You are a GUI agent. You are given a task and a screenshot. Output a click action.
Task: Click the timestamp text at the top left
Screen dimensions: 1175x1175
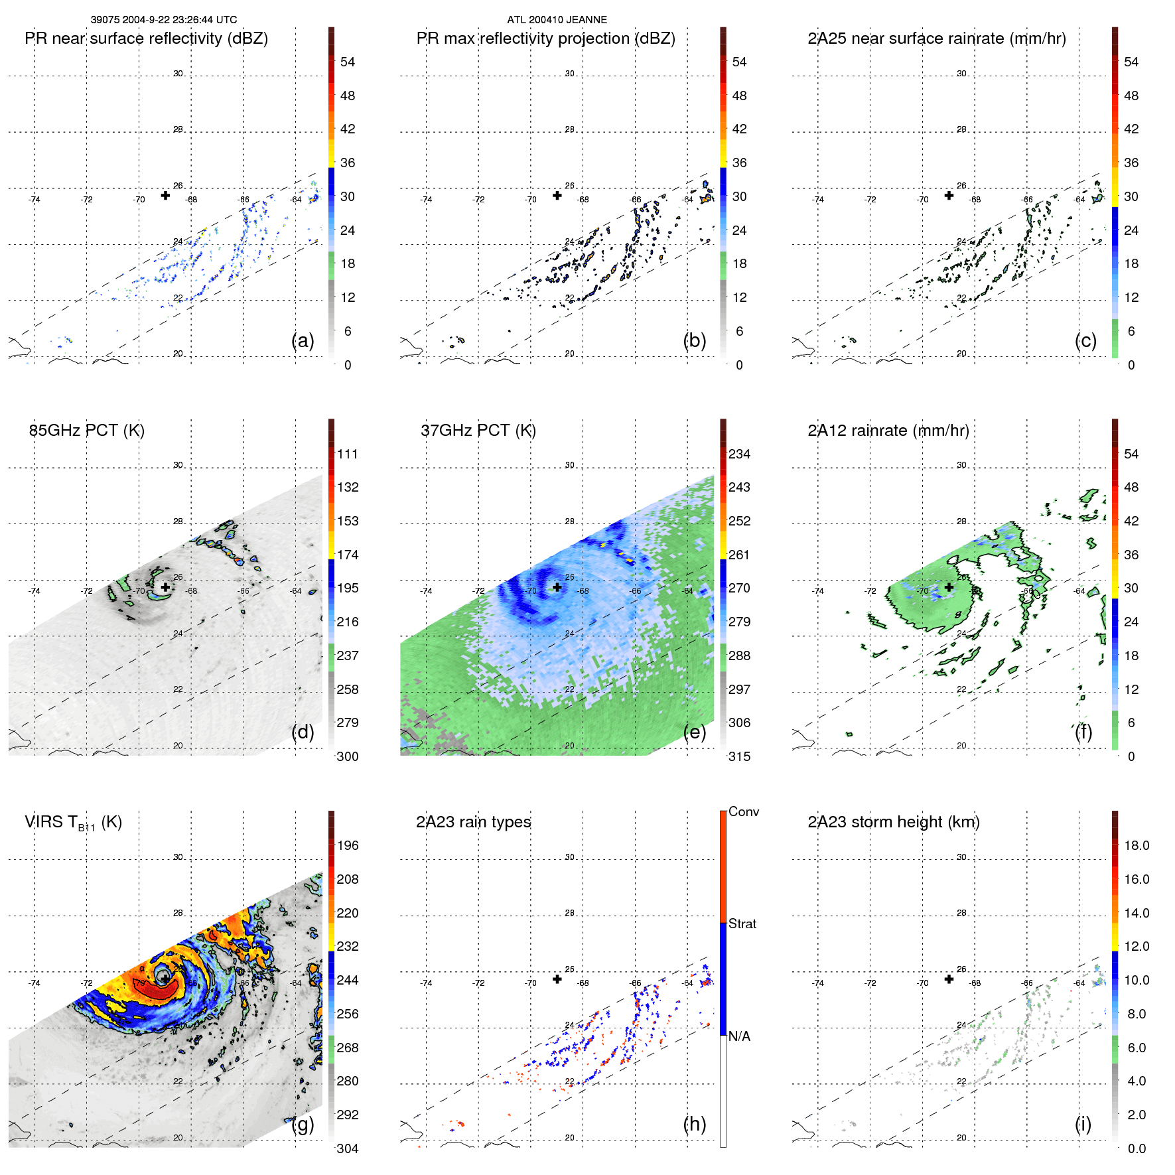164,20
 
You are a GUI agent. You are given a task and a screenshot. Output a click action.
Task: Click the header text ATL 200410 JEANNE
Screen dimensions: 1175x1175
557,20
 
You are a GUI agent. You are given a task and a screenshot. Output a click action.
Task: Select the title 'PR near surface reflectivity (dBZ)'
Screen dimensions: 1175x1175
146,38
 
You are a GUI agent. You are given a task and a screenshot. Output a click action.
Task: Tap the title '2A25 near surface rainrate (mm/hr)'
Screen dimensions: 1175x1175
936,38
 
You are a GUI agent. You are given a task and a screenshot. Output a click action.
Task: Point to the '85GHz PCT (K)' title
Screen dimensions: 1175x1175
86,431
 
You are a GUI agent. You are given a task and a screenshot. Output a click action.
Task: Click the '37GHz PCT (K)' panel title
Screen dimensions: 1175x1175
478,431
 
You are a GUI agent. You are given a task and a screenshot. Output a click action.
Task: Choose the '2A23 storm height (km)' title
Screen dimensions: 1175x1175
893,822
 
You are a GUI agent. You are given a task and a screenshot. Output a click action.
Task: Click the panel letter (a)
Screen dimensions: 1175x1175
303,340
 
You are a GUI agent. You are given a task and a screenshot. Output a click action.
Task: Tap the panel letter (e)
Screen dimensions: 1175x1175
695,732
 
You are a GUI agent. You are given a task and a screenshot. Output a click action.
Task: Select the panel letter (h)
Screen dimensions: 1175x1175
695,1124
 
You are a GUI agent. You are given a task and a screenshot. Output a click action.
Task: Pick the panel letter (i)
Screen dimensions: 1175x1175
1083,1124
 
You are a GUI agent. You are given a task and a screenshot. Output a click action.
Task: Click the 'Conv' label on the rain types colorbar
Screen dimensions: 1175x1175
743,811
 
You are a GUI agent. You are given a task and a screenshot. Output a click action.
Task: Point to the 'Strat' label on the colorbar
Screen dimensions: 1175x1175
742,924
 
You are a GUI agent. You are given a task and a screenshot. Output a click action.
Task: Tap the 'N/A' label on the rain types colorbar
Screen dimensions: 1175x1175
739,1036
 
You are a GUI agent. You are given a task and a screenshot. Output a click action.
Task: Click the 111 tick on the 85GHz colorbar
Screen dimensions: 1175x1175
347,454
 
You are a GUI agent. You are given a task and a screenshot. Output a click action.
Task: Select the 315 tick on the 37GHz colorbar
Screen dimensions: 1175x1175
739,756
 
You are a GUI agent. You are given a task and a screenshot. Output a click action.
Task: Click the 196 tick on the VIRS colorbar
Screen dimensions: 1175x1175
347,846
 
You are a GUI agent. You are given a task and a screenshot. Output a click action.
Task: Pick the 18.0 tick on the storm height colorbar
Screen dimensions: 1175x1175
1136,846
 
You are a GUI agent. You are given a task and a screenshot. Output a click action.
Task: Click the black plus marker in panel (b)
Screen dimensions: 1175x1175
557,195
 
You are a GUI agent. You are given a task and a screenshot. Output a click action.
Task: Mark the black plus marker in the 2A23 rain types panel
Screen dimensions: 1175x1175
557,979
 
